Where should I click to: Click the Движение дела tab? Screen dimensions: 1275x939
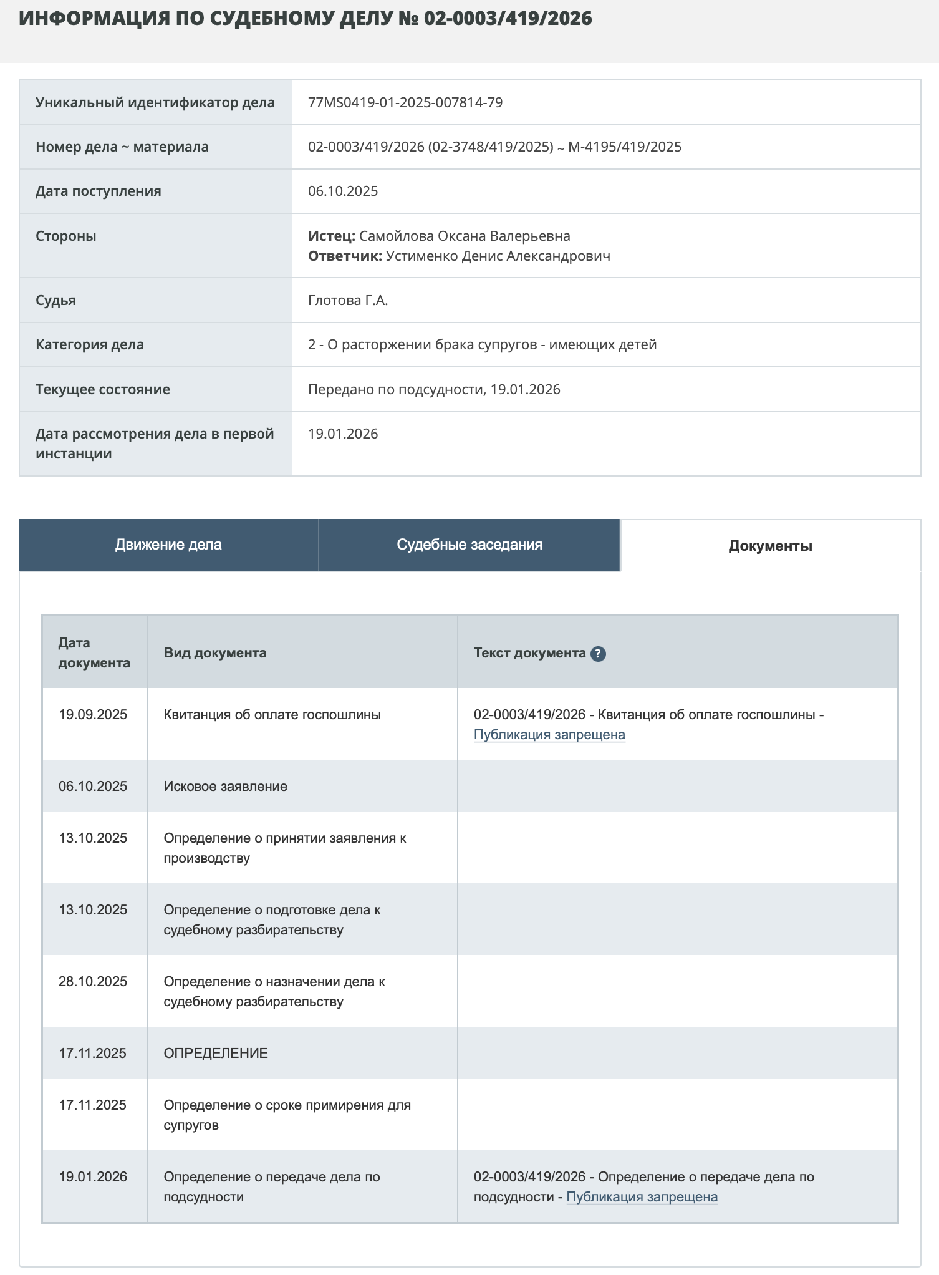click(x=168, y=545)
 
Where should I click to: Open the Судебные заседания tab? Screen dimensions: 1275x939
click(x=469, y=545)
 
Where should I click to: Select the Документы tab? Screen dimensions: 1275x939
click(x=770, y=546)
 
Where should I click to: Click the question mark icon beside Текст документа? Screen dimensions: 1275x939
click(x=598, y=654)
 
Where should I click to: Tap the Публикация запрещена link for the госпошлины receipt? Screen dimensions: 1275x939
click(x=549, y=735)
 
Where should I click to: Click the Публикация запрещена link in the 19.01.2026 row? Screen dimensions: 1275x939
click(x=642, y=1197)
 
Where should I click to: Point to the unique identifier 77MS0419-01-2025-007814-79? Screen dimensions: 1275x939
click(x=405, y=102)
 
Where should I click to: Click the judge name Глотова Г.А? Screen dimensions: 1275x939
click(x=348, y=300)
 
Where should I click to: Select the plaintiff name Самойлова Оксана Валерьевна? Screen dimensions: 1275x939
click(x=465, y=236)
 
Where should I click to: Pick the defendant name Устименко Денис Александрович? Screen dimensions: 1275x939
click(x=498, y=256)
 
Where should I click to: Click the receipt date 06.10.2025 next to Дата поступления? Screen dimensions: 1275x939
click(x=343, y=191)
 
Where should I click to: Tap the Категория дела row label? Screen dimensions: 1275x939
click(x=90, y=344)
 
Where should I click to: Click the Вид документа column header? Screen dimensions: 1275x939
click(x=215, y=652)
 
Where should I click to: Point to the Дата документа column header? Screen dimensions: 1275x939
click(x=94, y=652)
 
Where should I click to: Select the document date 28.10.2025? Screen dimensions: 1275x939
click(x=93, y=982)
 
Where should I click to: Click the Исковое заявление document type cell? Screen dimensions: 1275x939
click(x=225, y=786)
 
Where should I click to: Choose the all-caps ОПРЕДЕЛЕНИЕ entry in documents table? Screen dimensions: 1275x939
click(x=216, y=1053)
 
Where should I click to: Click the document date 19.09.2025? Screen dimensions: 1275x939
click(x=93, y=715)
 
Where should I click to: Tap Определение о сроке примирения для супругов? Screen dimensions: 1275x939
click(x=287, y=1115)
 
